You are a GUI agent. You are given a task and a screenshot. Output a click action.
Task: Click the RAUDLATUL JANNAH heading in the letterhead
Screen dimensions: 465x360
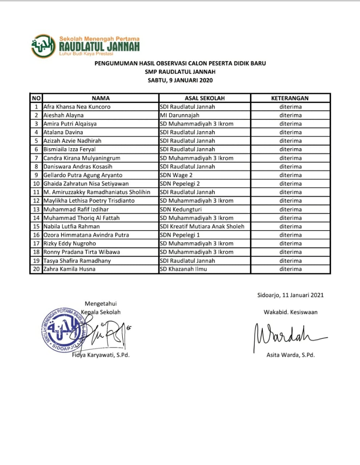coord(99,47)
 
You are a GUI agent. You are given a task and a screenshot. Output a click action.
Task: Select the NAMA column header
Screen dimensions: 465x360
coord(101,98)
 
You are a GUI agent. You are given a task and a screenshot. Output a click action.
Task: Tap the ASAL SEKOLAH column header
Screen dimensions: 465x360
coord(205,98)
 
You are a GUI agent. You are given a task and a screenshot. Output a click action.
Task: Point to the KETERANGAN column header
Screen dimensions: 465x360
coord(290,98)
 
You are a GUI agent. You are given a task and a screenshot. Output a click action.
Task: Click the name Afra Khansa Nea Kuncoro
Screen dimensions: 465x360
coord(77,107)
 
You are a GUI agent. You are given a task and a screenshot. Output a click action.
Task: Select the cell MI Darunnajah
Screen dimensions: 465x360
coord(179,115)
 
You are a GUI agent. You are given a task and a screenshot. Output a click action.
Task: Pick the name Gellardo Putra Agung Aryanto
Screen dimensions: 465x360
coord(83,175)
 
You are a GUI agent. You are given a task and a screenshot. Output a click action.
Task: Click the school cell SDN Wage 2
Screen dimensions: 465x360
coord(176,175)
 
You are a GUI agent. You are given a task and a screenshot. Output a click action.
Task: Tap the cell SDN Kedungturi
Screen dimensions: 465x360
coord(181,209)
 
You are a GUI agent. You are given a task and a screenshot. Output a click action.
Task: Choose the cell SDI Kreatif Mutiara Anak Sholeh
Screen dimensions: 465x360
coord(202,226)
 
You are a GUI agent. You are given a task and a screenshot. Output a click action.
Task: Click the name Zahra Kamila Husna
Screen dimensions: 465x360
coord(69,269)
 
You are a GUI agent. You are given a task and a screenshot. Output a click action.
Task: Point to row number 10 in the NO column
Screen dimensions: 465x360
coord(36,184)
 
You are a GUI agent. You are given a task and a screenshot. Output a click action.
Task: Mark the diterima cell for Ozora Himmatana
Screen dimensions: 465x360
coord(290,235)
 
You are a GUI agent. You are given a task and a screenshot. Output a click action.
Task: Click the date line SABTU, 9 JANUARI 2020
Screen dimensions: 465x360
coord(180,80)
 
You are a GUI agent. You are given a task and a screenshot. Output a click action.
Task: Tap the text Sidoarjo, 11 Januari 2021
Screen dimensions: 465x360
coord(290,295)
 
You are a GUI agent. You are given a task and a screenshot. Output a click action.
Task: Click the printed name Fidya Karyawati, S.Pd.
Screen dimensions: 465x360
coord(101,355)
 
